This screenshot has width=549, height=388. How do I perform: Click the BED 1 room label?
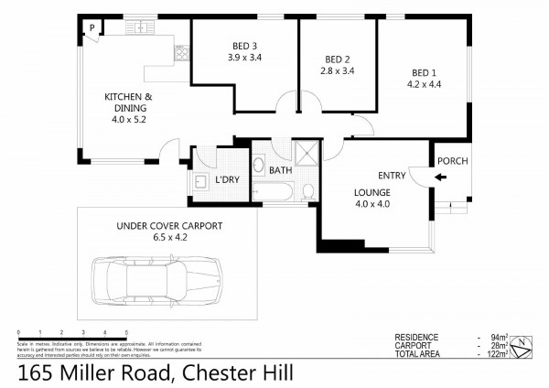(x=421, y=73)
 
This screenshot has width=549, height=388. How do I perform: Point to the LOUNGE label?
(x=372, y=193)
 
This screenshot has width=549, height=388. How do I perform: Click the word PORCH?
(x=453, y=162)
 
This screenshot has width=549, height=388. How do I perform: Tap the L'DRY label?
(x=227, y=178)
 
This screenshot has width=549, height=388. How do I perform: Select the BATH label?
(x=280, y=168)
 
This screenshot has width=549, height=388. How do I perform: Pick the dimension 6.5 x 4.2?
(x=169, y=236)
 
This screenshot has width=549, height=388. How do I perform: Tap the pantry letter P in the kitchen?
(x=92, y=28)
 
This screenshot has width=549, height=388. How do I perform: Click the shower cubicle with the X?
(x=303, y=152)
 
